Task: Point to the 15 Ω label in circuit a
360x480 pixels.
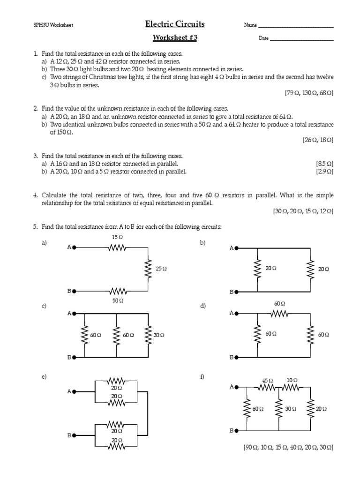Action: click(117, 237)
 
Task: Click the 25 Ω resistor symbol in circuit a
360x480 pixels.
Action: click(148, 269)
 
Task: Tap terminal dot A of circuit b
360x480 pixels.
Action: click(237, 248)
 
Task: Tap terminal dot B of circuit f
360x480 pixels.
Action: click(237, 430)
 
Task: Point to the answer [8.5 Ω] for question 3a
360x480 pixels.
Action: click(324, 164)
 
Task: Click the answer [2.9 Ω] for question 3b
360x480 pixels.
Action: click(324, 172)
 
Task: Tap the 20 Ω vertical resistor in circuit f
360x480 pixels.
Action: click(310, 409)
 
